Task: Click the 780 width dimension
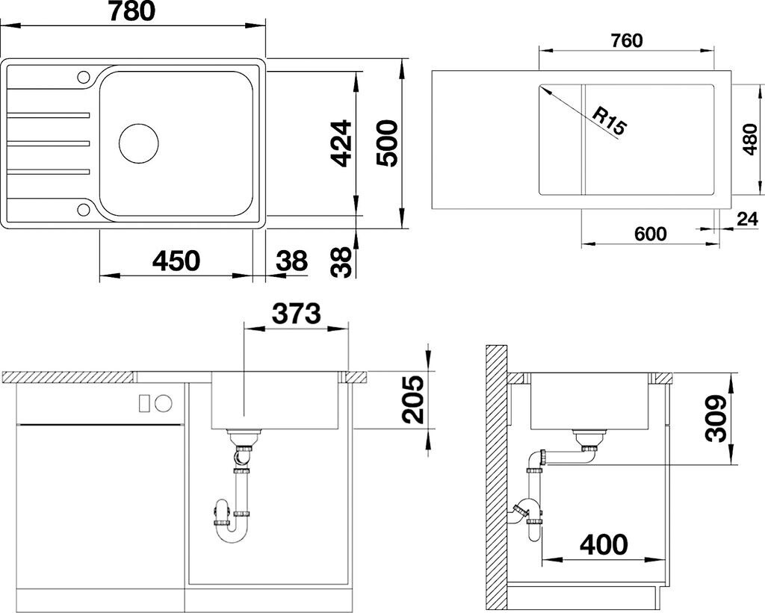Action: [131, 11]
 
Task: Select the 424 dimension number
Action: [340, 143]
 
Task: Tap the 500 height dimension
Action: [388, 143]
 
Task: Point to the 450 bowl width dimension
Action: [176, 261]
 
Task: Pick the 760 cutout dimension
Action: [626, 41]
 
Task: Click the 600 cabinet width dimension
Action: [651, 234]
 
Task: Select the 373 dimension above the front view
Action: [296, 313]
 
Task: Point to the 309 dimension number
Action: [716, 418]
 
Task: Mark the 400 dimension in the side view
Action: [604, 544]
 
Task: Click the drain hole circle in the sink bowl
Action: [139, 143]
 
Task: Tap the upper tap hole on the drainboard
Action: [84, 77]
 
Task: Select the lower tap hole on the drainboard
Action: [84, 210]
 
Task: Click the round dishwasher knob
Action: [164, 402]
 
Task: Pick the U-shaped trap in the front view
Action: [230, 526]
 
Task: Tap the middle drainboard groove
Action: [49, 143]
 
